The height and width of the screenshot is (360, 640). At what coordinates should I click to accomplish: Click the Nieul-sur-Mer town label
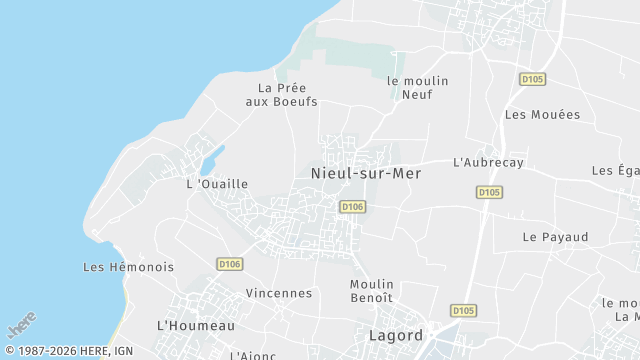tap(366, 173)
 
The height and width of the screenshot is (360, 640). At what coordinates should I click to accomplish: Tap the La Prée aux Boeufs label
tap(287, 95)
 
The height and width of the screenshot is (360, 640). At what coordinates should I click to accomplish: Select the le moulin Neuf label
tap(417, 87)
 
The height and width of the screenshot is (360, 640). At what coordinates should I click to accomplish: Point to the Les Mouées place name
tap(542, 115)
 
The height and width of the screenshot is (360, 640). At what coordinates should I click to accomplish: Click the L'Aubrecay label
tap(488, 162)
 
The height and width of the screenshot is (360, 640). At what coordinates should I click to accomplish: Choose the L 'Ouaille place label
tap(217, 184)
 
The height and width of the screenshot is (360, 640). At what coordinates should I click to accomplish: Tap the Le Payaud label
tap(555, 237)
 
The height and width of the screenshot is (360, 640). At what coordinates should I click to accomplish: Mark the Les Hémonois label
tap(128, 267)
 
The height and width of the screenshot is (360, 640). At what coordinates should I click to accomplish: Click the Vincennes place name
tap(279, 293)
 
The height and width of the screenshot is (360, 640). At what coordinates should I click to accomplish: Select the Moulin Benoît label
tap(372, 291)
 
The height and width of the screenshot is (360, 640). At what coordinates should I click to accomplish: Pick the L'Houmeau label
tap(196, 325)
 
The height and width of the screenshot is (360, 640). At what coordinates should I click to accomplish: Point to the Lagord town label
tap(396, 335)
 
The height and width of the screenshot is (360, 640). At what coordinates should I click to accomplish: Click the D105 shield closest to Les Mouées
tap(532, 79)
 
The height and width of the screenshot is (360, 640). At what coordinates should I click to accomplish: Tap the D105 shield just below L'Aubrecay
tap(489, 192)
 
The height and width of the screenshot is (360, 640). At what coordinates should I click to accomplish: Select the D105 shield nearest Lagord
tap(462, 310)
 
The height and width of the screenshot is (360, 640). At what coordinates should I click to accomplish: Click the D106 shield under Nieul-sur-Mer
tap(352, 207)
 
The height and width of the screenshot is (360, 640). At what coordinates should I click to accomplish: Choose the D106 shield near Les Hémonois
tap(230, 264)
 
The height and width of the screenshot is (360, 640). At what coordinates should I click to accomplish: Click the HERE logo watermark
tap(21, 325)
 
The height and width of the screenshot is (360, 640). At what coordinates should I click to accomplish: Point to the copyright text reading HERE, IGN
tap(70, 351)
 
